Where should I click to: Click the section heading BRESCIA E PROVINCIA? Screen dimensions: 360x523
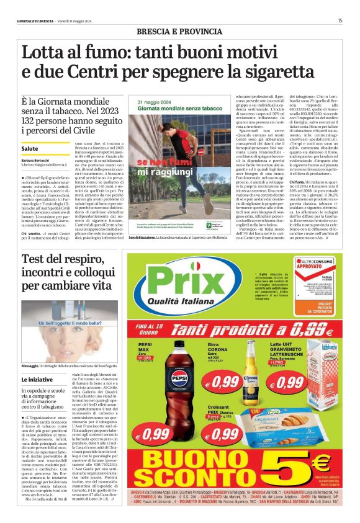coord(179,30)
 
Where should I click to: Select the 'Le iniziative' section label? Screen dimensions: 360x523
coord(38,379)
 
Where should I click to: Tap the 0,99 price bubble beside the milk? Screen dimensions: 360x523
coord(289,383)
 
